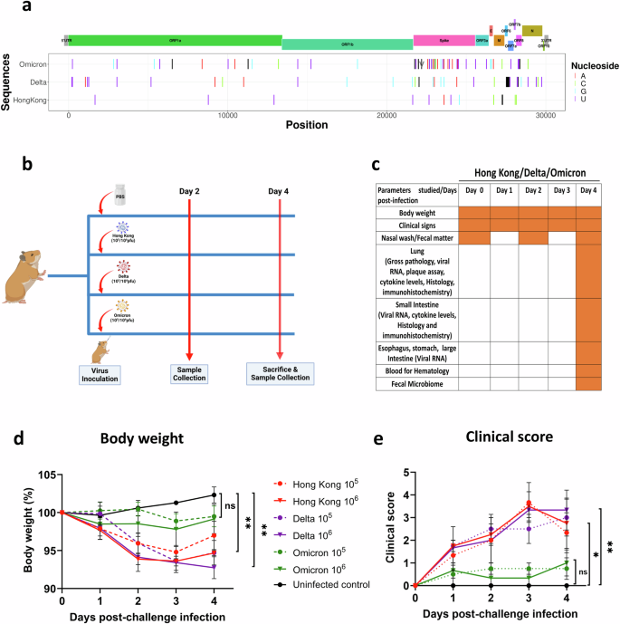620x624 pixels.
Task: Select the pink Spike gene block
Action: (x=444, y=41)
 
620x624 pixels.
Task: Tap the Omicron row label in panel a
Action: (x=32, y=64)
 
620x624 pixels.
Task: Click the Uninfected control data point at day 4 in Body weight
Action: (x=213, y=494)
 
